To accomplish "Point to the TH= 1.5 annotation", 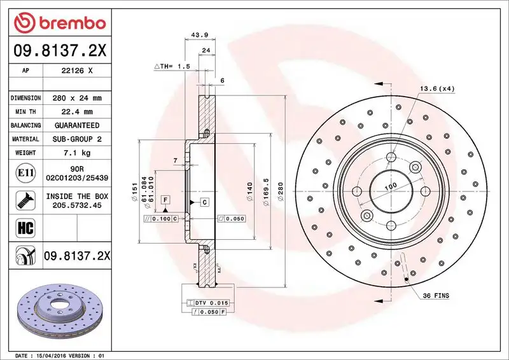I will [172, 66].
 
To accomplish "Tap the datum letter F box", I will [165, 200].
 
